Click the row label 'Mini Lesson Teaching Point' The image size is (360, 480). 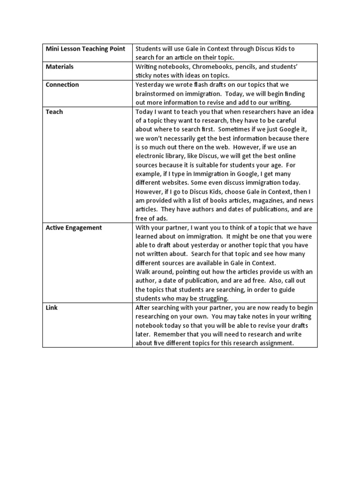(85, 49)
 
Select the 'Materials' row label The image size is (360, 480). (60, 67)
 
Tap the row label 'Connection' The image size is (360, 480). (62, 85)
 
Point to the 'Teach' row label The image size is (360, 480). (54, 112)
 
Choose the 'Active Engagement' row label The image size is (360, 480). (74, 228)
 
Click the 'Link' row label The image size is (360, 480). (52, 307)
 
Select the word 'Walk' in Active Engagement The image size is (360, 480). (142, 272)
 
